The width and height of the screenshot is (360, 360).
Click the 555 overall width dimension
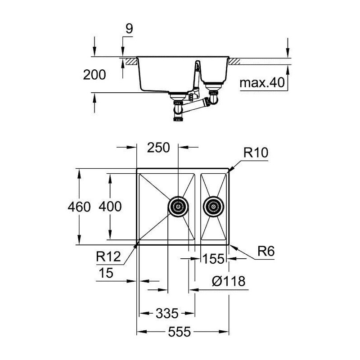click(x=179, y=332)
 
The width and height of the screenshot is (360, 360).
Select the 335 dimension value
click(x=167, y=313)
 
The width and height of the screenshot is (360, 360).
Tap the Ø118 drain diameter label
click(x=229, y=281)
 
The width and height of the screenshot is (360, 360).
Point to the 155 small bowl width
click(x=213, y=259)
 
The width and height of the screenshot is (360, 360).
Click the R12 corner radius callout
click(x=108, y=256)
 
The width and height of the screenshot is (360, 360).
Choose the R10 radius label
click(x=256, y=153)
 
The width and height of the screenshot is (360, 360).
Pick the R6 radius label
click(x=266, y=251)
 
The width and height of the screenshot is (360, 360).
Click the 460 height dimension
click(x=79, y=207)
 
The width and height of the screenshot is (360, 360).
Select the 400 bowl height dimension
click(x=110, y=207)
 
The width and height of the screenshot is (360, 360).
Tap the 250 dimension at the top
click(x=158, y=148)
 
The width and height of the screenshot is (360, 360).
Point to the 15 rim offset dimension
click(x=106, y=273)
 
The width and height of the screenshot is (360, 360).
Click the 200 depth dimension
click(x=94, y=75)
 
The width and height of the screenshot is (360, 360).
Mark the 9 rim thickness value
click(x=129, y=29)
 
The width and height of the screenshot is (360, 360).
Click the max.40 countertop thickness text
click(x=262, y=83)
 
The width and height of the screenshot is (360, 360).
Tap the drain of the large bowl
click(x=178, y=207)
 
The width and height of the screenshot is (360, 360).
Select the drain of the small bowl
click(x=213, y=207)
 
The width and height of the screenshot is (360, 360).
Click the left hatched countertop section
click(x=131, y=61)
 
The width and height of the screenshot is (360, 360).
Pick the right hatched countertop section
click(x=234, y=61)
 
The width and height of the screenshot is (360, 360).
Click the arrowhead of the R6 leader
click(x=232, y=247)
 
